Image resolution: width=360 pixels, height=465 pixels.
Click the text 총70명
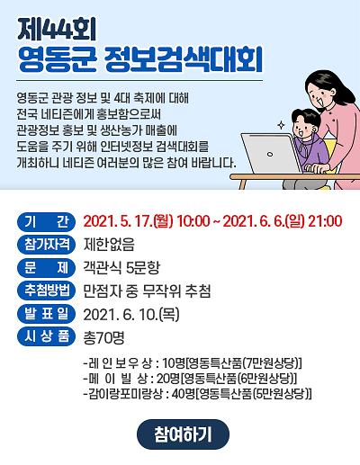[x=103, y=337]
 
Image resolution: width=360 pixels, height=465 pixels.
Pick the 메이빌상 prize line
[x=189, y=378]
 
